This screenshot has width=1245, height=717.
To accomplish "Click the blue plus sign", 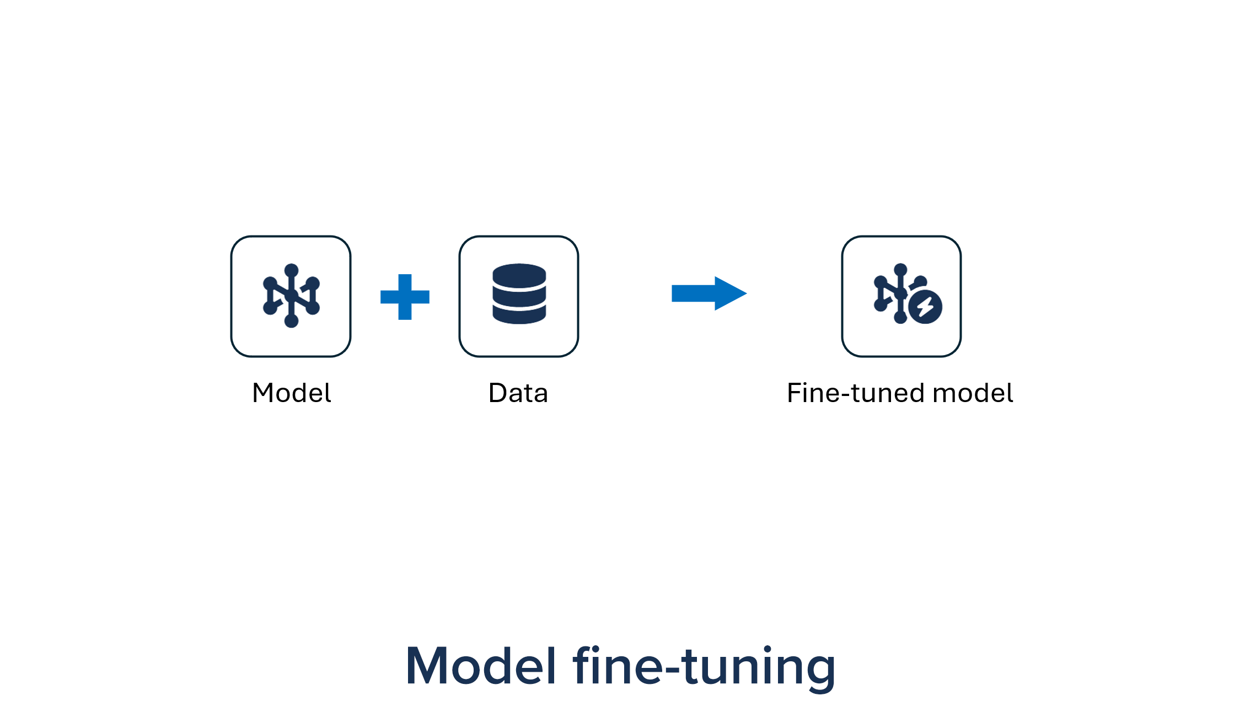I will pyautogui.click(x=405, y=297).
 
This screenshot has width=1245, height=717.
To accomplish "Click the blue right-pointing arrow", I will pyautogui.click(x=709, y=293).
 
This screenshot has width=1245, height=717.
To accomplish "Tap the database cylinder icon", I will pyautogui.click(x=519, y=294).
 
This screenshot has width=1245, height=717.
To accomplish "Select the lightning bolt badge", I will pyautogui.click(x=925, y=307).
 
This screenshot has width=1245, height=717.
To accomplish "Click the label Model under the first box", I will pyautogui.click(x=291, y=393).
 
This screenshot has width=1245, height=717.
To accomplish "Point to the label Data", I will pyautogui.click(x=518, y=393).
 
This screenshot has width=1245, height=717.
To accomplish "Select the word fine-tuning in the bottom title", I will pyautogui.click(x=704, y=666).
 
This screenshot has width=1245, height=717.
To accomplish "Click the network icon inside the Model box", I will pyautogui.click(x=291, y=296).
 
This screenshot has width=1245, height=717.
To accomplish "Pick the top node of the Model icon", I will pyautogui.click(x=291, y=270).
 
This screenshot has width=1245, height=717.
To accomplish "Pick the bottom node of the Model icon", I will pyautogui.click(x=291, y=320).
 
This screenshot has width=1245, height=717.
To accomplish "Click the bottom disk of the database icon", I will pyautogui.click(x=519, y=315).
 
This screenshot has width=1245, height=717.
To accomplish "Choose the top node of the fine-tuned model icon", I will pyautogui.click(x=900, y=270).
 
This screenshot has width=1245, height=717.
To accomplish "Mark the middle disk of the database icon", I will pyautogui.click(x=519, y=296).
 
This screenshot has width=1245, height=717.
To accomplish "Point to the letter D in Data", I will pyautogui.click(x=498, y=393).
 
